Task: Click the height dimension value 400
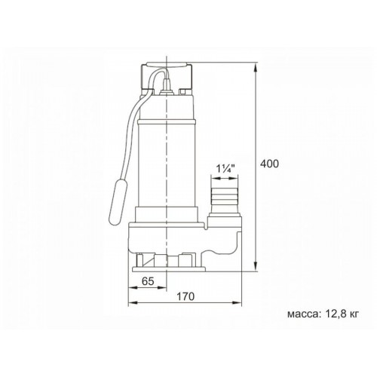[269, 164]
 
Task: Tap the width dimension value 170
[185, 296]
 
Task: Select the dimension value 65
[148, 281]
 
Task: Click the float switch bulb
[118, 201]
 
